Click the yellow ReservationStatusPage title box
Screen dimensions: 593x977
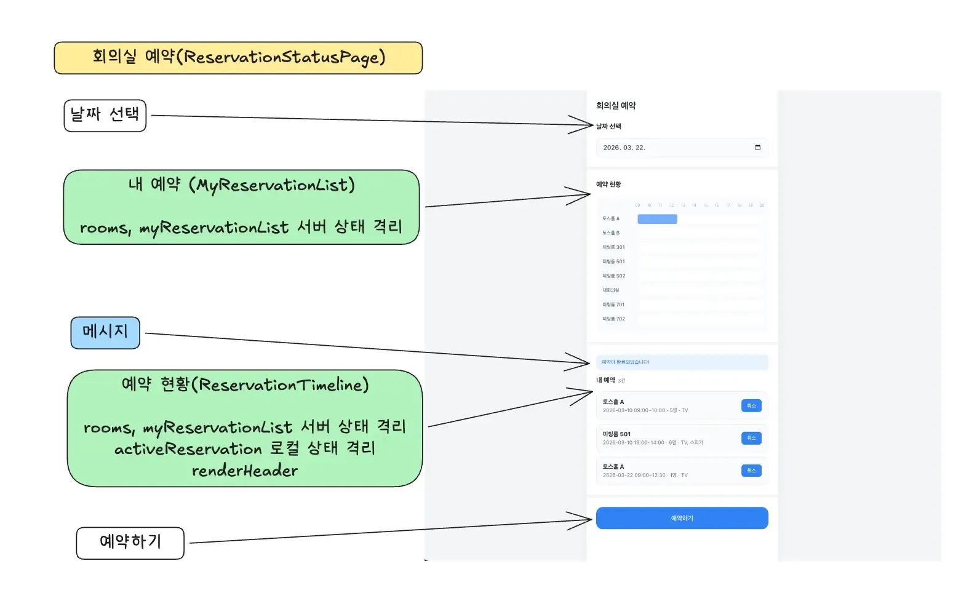[238, 58]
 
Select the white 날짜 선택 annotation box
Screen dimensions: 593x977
[105, 115]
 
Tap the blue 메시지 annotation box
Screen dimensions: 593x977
[105, 332]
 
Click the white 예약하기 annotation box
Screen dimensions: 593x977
[130, 543]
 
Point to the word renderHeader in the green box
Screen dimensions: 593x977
[244, 471]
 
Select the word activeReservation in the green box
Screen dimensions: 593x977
[188, 449]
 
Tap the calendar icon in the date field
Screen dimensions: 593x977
[757, 148]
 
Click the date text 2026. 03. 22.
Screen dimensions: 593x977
[624, 148]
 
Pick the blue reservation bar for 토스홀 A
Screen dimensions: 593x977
[657, 219]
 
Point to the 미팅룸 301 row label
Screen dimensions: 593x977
[613, 247]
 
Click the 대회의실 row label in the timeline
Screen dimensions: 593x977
[611, 290]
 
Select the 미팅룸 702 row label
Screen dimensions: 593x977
[613, 319]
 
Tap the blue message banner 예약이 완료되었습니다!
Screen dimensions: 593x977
[682, 362]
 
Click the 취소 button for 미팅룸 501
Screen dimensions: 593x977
[751, 438]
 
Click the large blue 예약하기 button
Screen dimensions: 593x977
[682, 518]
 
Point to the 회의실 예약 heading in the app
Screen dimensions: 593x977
[616, 106]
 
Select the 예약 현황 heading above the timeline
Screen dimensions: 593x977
[608, 185]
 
